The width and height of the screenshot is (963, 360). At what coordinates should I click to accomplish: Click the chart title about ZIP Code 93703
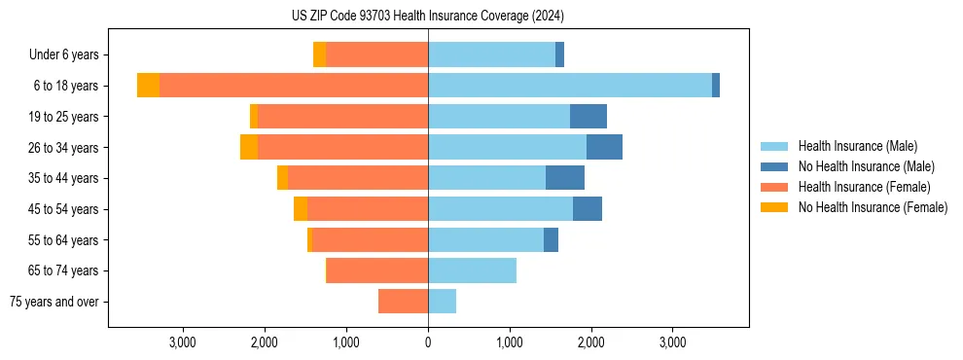click(x=428, y=16)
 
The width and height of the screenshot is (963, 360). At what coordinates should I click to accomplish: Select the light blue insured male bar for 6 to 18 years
click(x=570, y=86)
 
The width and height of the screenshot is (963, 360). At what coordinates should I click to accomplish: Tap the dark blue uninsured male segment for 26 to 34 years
click(x=604, y=147)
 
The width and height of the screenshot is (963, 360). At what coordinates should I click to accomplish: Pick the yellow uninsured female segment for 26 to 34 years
click(x=249, y=147)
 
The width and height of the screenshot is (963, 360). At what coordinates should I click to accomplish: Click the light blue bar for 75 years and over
click(x=443, y=302)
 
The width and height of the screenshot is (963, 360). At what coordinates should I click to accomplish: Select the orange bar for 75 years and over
click(x=404, y=302)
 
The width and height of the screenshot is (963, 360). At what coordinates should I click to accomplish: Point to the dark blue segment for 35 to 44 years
click(x=565, y=178)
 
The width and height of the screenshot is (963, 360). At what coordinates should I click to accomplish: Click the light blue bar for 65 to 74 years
click(x=473, y=270)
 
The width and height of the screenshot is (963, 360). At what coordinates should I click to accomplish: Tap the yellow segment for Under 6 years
click(x=319, y=54)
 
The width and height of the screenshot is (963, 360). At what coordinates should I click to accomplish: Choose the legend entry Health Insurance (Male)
click(x=857, y=146)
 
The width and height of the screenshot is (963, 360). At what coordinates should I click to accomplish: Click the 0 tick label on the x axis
click(x=428, y=342)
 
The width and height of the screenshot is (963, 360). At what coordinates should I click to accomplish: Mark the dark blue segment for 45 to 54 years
click(x=588, y=209)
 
